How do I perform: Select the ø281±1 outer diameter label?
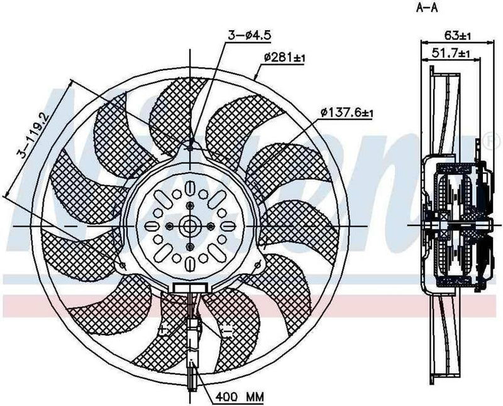pyautogui.click(x=284, y=58)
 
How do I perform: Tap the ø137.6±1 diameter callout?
pyautogui.click(x=346, y=113)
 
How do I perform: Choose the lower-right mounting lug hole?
pyautogui.click(x=257, y=265)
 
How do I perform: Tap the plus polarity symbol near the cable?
pyautogui.click(x=163, y=328)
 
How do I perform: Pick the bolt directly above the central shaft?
pyautogui.click(x=190, y=206)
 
